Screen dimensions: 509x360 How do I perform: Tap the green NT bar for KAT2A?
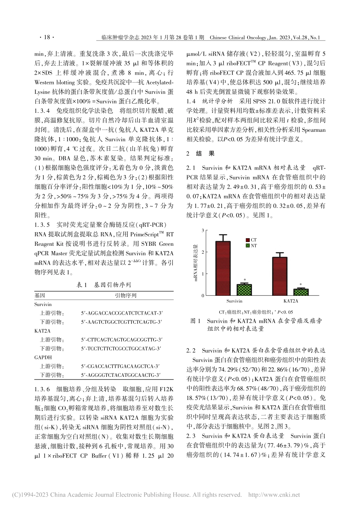(x=301, y=292)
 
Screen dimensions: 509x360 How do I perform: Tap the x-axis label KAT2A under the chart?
(x=291, y=301)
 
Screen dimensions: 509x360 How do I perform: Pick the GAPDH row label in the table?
(x=43, y=357)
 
